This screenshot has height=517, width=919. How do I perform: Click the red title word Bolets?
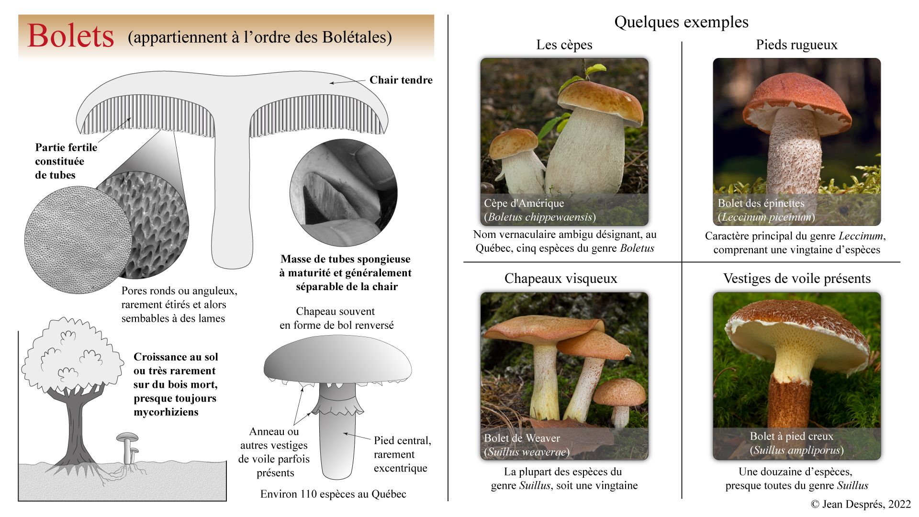pos(71,36)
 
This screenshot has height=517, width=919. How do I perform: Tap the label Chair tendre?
pos(401,80)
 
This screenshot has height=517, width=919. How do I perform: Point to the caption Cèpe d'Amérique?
pos(524,203)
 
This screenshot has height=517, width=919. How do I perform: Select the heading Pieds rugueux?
pos(796,45)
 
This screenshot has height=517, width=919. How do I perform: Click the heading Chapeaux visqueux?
pos(560,279)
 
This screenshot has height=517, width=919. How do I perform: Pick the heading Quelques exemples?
pos(681,22)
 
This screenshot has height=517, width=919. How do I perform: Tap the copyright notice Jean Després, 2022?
pos(861,504)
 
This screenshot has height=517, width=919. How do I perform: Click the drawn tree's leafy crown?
pos(72,354)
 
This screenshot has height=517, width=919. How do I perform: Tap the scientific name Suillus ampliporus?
pos(796,450)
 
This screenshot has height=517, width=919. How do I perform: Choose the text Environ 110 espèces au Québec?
pos(333,494)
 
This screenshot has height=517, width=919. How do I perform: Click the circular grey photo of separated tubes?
pos(343,193)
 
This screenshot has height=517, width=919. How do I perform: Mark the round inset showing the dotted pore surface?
pos(78,239)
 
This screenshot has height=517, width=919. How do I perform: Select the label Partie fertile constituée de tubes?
pos(66,161)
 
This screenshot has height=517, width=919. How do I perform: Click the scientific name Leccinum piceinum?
pos(766,217)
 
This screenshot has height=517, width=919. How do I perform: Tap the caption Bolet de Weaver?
pos(522,438)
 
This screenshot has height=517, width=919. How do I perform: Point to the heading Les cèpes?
pos(564,45)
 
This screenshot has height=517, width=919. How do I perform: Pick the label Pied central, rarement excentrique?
pos(402,454)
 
